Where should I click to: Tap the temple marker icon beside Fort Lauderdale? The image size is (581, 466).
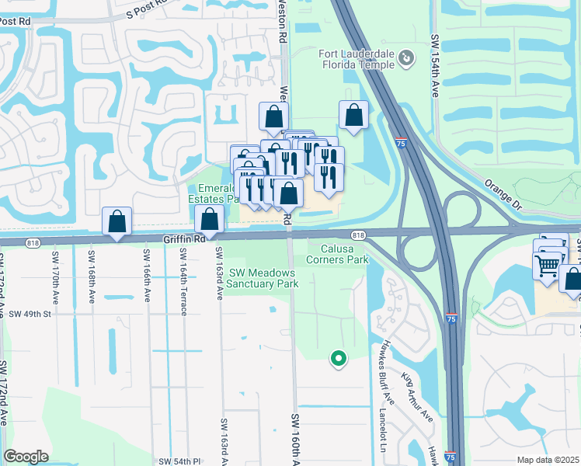click(x=405, y=57)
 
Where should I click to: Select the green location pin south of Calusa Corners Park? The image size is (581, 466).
click(x=338, y=358)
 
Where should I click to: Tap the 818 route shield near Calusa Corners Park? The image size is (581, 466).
click(x=358, y=235)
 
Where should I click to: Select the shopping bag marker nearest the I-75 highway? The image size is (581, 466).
click(x=354, y=116)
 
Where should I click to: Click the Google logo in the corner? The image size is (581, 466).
click(x=26, y=456)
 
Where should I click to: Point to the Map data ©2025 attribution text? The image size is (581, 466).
click(x=548, y=460)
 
